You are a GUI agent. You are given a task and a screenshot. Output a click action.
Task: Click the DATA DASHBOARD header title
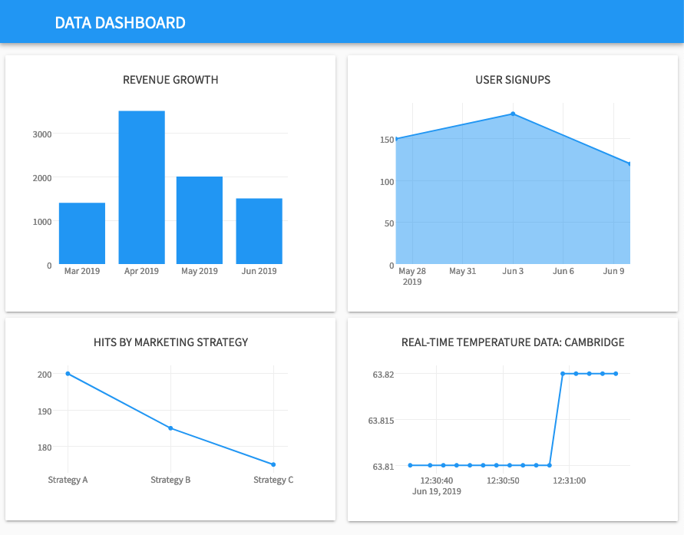pos(120,22)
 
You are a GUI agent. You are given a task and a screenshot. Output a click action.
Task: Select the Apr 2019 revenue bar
pos(141,187)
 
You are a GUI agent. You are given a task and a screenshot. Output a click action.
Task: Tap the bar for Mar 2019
pos(82,233)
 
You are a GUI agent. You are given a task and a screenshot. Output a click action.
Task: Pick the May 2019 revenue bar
pos(200,220)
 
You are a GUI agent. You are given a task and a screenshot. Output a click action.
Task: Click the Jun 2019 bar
pos(259,231)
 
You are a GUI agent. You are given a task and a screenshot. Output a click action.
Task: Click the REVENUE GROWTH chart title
pos(170,80)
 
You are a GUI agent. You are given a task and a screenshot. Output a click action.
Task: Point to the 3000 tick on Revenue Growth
pos(42,134)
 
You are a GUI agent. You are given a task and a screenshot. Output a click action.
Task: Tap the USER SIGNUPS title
pos(513,80)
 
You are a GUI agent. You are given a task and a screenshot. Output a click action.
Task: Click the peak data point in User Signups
pos(513,114)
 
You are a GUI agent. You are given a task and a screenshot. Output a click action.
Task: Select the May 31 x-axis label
pos(463,271)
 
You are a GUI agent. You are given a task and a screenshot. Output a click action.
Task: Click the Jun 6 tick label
pos(563,271)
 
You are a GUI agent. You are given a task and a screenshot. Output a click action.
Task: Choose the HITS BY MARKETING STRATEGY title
pos(170,342)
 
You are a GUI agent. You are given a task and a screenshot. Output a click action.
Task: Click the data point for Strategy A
pos(68,374)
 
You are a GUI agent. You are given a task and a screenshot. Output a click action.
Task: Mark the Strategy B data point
pos(170,428)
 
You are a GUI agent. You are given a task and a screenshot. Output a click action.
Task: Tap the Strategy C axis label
pos(273,480)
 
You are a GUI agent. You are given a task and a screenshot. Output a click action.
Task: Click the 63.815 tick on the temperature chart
pos(382,421)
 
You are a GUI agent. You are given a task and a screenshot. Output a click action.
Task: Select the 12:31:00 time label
pos(569,481)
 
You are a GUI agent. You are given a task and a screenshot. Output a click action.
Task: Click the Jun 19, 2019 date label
pos(436,491)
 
